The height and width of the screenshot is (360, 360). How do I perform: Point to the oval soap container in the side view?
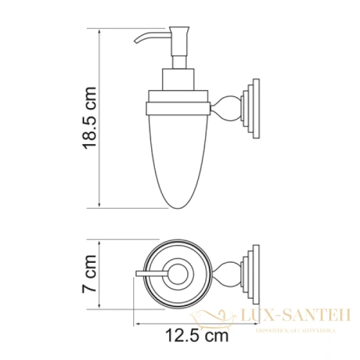[178, 162]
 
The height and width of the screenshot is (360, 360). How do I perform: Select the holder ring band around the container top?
[178, 109]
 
